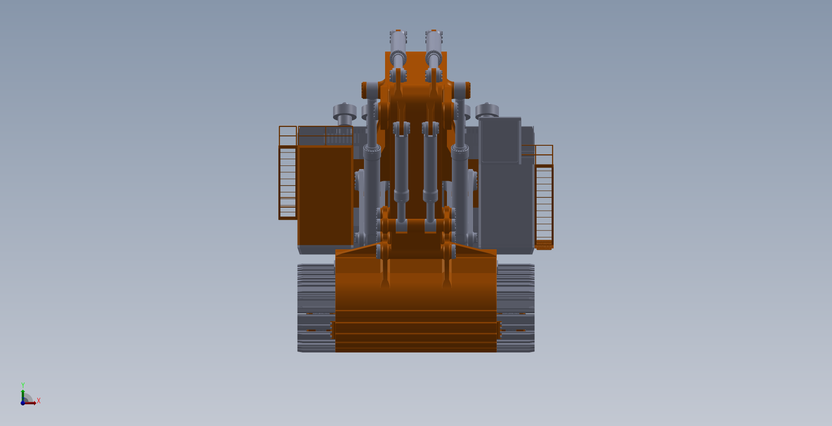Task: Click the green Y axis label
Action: pos(23,385)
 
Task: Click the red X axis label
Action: pos(39,401)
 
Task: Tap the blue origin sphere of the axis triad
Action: pos(23,403)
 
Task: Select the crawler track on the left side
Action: pos(316,308)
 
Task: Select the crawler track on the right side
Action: pos(516,308)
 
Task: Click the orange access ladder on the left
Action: pos(288,183)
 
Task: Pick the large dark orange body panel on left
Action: pos(325,196)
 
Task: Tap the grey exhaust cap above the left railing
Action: pos(344,113)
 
